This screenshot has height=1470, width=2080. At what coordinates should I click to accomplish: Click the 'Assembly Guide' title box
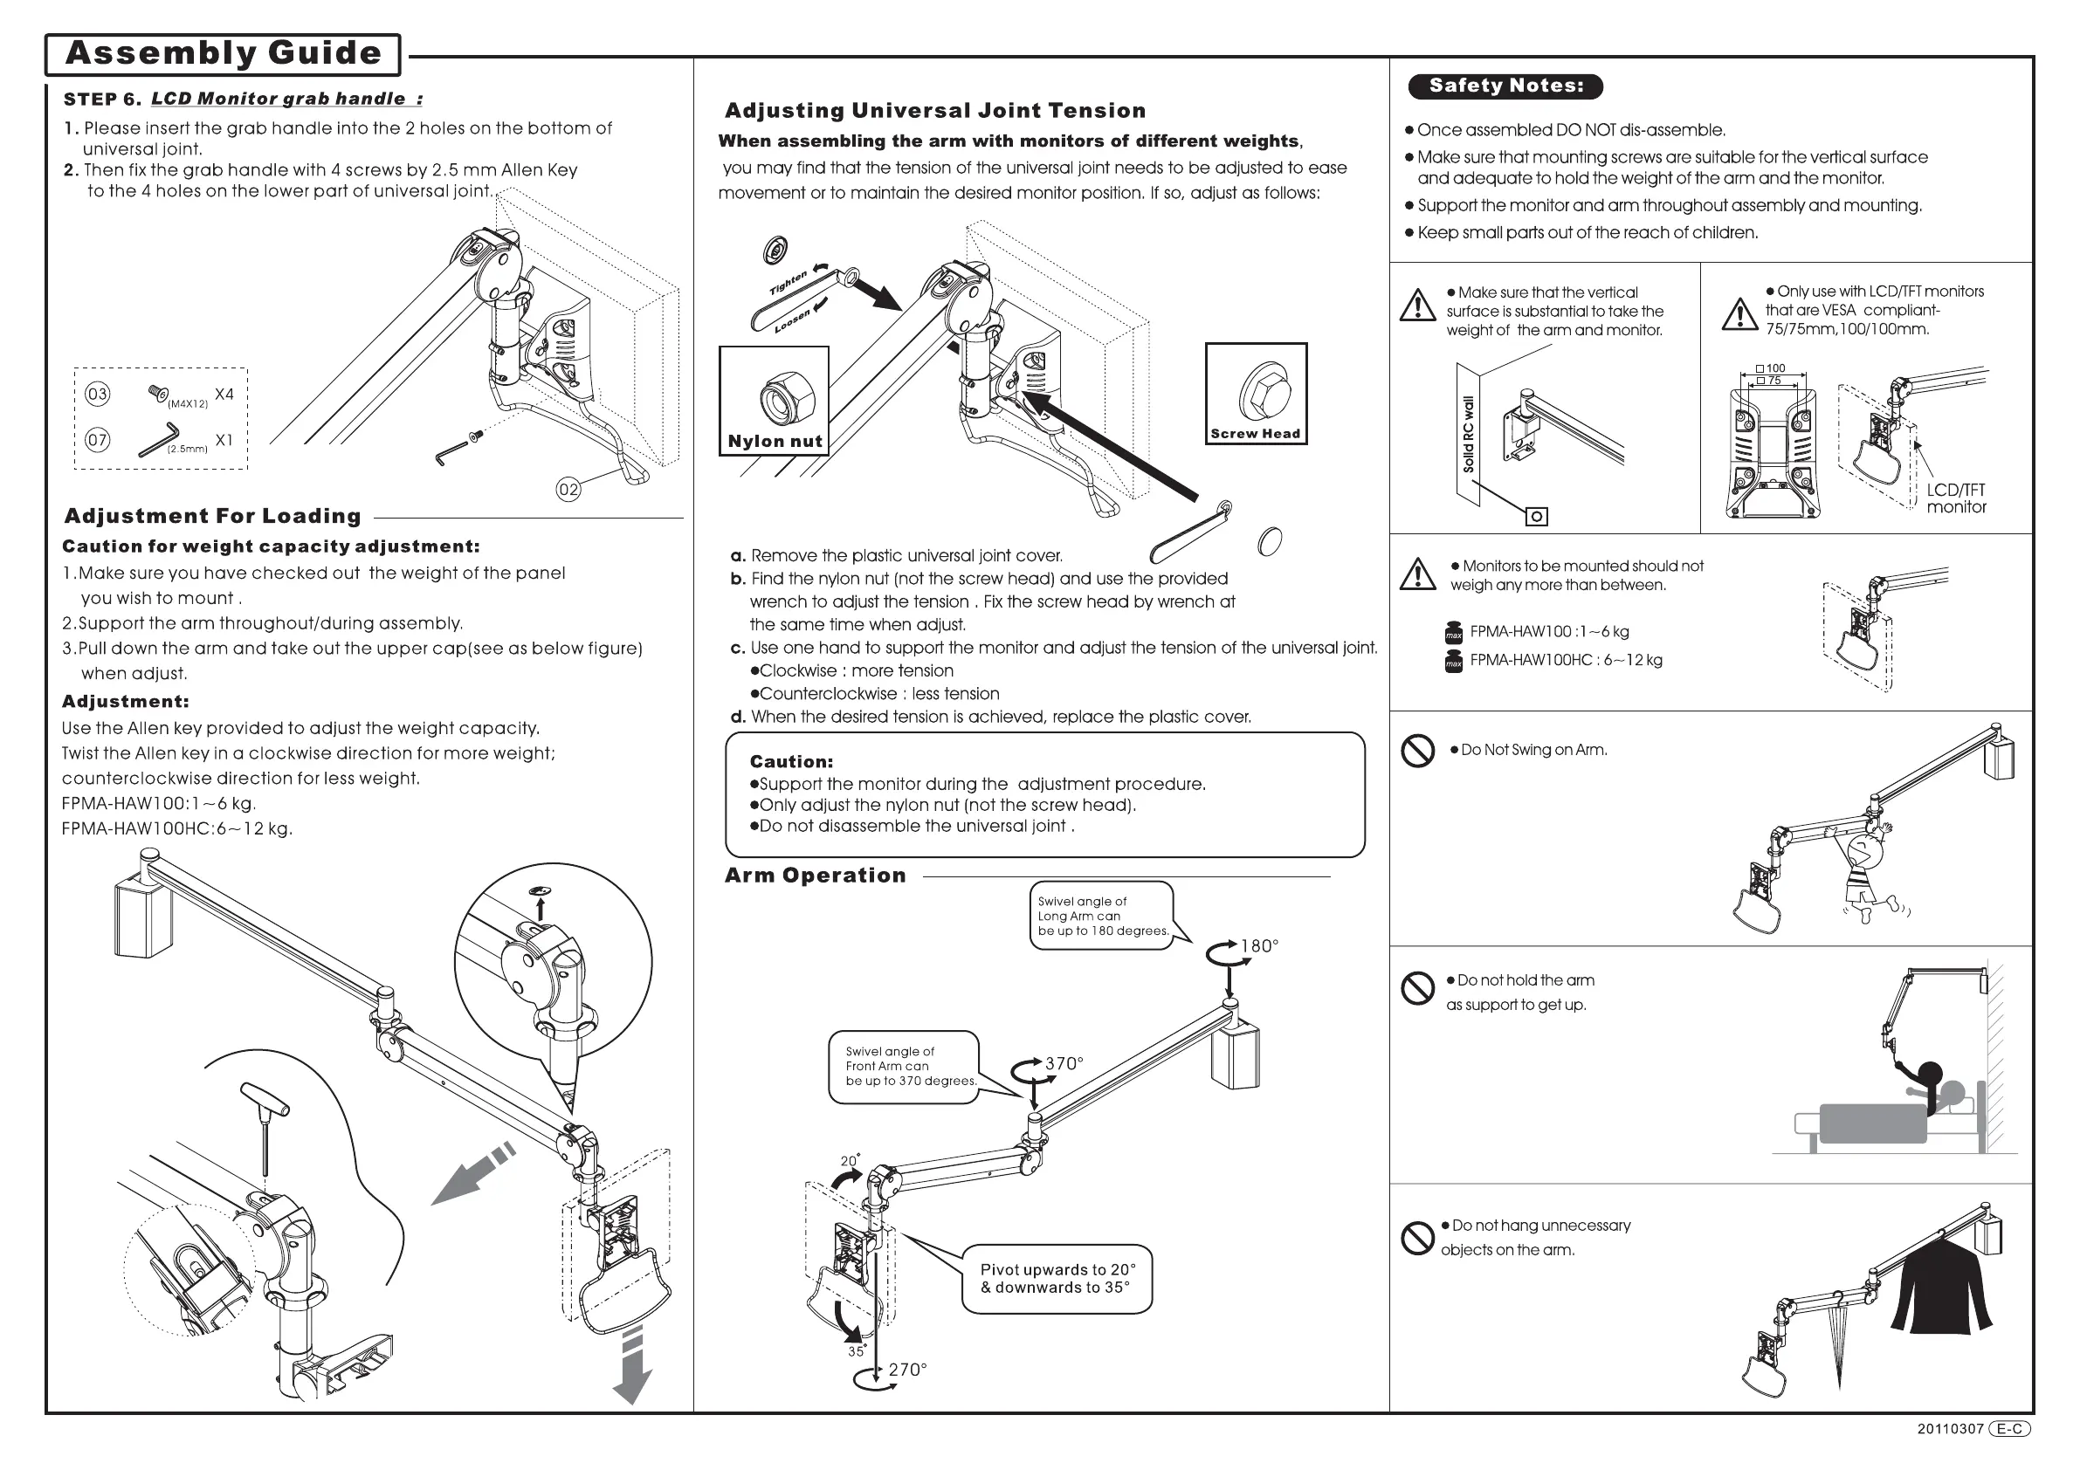pos(223,53)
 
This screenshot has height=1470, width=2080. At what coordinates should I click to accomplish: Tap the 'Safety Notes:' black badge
pos(1505,86)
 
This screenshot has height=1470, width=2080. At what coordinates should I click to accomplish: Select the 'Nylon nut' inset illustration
pos(775,401)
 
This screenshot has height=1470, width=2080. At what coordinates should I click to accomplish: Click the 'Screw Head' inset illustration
pos(1256,393)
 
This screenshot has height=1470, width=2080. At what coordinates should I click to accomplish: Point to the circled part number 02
pos(568,490)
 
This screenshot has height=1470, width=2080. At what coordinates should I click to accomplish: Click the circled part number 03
pos(97,394)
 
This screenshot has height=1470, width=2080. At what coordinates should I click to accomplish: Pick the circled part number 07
pos(97,441)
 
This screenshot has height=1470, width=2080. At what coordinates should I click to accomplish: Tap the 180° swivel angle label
pos(1258,946)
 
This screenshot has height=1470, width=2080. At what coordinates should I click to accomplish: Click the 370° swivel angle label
pos(1064,1063)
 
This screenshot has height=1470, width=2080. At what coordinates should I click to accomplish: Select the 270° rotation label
pos(906,1370)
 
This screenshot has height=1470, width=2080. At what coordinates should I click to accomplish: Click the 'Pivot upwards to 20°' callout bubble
pos(1057,1279)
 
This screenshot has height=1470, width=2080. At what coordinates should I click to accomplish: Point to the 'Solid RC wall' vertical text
pos(1469,434)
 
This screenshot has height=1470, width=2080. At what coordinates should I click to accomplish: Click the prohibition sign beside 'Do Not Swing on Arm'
pos(1418,751)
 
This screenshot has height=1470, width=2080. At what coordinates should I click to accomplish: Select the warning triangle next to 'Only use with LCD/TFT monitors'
pos(1739,314)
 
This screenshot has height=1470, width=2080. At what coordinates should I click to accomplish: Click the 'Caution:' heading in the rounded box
pos(791,762)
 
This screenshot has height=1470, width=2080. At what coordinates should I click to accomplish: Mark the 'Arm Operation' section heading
pos(816,876)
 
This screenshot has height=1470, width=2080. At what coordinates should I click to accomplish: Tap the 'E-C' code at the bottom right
pos(2009,1428)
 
